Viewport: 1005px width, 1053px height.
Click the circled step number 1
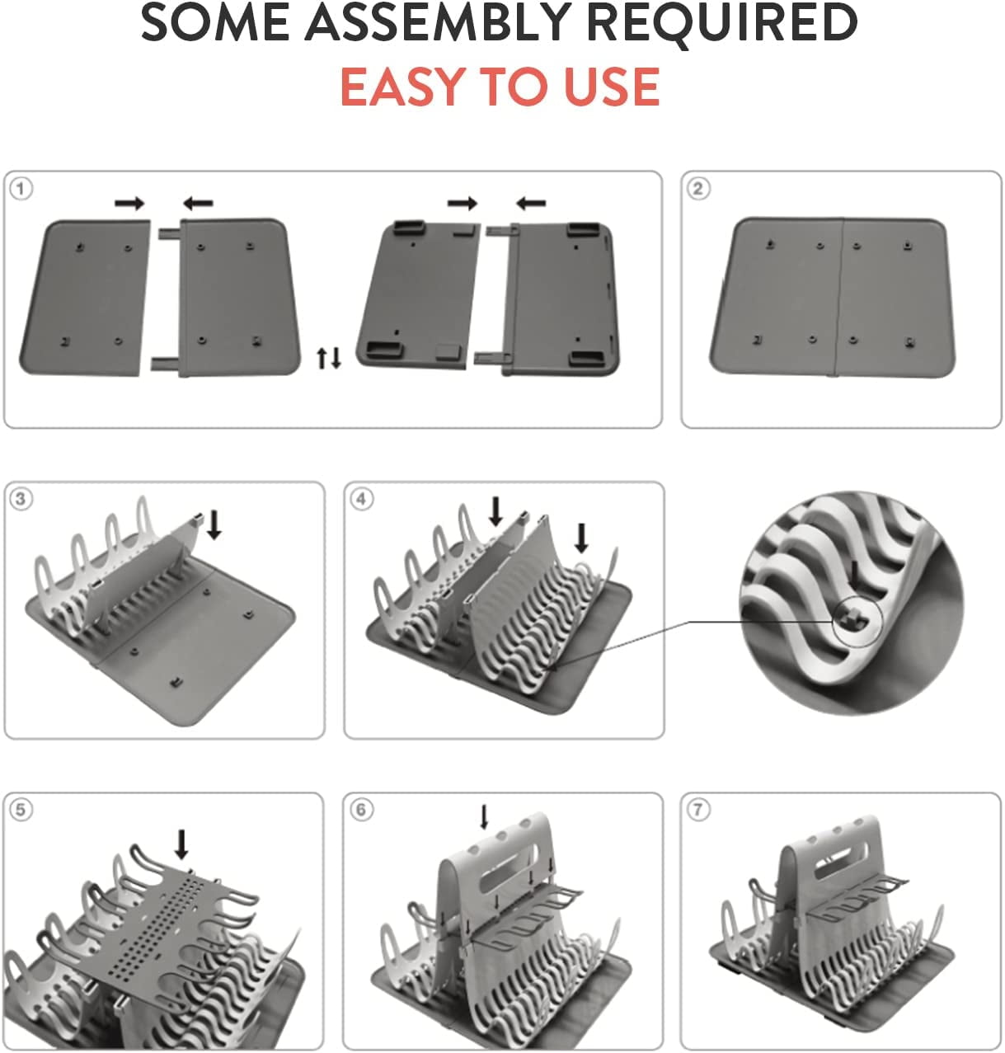(x=21, y=189)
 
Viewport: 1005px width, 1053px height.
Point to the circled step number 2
(x=698, y=189)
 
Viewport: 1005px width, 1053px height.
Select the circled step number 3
(x=21, y=499)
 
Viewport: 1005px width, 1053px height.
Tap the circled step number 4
(x=361, y=499)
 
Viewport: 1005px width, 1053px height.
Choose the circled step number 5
(x=21, y=809)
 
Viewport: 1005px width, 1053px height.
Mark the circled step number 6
(x=361, y=809)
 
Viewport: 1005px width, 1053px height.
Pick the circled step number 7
(x=698, y=809)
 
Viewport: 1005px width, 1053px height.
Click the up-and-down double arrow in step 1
(x=328, y=358)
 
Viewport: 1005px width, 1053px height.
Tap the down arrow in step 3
(x=214, y=524)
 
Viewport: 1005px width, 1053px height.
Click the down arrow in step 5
(x=182, y=844)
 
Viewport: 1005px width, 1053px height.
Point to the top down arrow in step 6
(x=484, y=817)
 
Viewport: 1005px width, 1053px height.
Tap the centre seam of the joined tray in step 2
(x=839, y=297)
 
